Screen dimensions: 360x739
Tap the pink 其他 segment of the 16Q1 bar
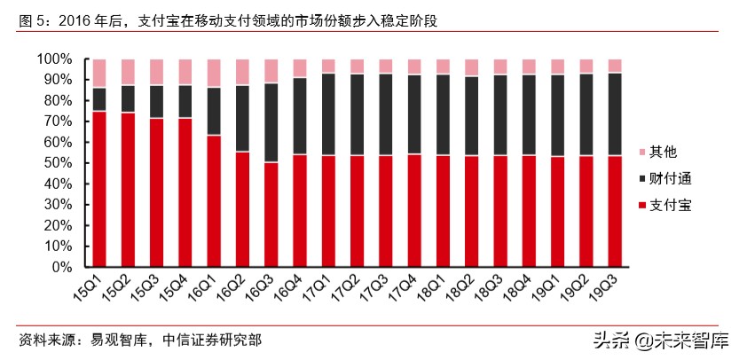(x=214, y=73)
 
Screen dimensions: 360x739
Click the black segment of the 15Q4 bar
(x=185, y=101)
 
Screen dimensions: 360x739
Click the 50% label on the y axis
(x=59, y=163)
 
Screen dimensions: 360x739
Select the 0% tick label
(x=62, y=267)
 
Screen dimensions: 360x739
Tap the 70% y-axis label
(x=59, y=121)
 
